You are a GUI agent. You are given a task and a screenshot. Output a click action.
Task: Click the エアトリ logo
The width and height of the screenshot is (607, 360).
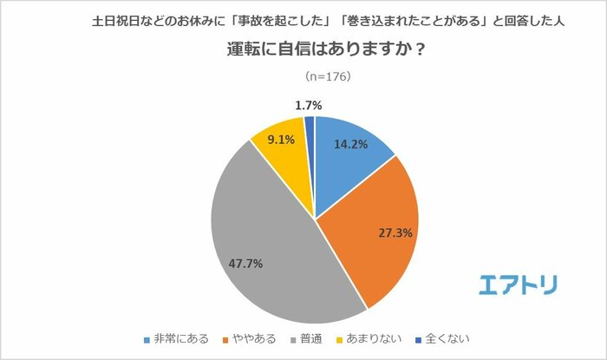pos(518,284)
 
